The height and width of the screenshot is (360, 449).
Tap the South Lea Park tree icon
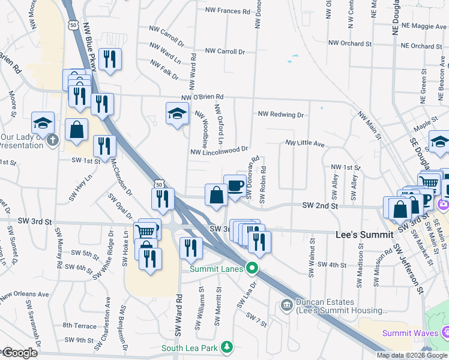click(x=227, y=347)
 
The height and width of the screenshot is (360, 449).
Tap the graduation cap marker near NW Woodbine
click(x=177, y=113)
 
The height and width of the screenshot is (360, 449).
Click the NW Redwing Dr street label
click(x=281, y=114)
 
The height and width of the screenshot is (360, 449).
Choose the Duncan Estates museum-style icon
click(x=287, y=306)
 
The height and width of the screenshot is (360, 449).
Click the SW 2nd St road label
click(x=320, y=205)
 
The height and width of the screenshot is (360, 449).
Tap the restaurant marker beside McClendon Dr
click(x=104, y=146)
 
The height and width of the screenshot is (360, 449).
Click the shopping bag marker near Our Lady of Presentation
click(x=77, y=129)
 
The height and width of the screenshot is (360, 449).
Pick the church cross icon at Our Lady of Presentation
click(x=53, y=140)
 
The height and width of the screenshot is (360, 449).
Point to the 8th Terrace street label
click(x=79, y=326)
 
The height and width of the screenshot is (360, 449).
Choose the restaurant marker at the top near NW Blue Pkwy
click(x=109, y=59)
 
